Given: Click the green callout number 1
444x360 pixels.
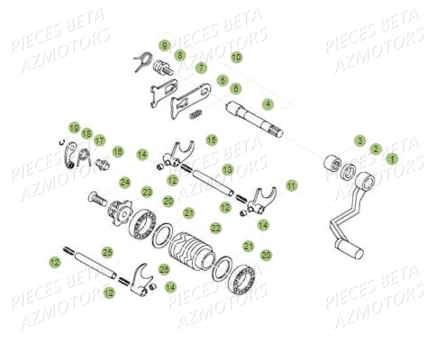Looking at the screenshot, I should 391,157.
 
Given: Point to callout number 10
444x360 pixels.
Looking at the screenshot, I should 236,57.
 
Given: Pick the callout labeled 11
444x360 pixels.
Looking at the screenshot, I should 291,184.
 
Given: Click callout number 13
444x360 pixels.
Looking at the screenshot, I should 227,169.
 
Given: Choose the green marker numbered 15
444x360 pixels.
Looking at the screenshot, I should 211,139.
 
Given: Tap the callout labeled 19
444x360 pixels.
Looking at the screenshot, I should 74,127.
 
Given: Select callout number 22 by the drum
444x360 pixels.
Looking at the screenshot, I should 215,229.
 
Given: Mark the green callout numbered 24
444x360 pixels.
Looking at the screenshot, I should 124,182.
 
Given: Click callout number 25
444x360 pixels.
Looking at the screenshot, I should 107,252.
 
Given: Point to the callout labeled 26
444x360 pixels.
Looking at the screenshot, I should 163,269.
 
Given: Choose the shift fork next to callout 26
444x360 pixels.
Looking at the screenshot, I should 138,275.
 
